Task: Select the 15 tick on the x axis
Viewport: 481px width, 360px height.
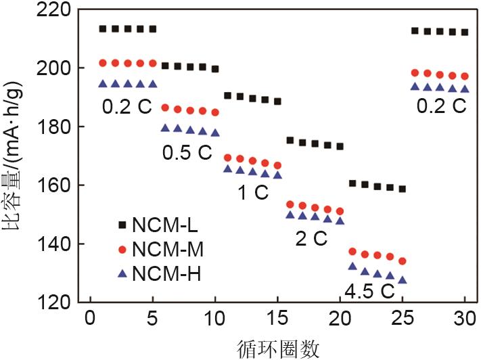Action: click(x=277, y=317)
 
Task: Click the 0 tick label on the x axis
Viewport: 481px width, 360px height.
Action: click(x=89, y=317)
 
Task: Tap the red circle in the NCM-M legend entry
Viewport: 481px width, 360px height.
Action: click(x=122, y=250)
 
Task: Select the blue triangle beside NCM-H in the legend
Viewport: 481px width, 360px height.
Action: click(x=122, y=273)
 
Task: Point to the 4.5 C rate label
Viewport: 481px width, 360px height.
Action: click(x=369, y=292)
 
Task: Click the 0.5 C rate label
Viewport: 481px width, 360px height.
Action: click(x=187, y=153)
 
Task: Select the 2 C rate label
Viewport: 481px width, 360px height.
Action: click(x=311, y=238)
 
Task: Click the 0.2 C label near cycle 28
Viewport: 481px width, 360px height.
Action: click(x=441, y=106)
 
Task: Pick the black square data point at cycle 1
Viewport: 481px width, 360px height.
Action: click(x=102, y=29)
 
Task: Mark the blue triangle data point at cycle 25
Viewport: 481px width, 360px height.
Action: click(x=403, y=279)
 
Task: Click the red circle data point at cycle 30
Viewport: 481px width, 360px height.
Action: click(x=465, y=76)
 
